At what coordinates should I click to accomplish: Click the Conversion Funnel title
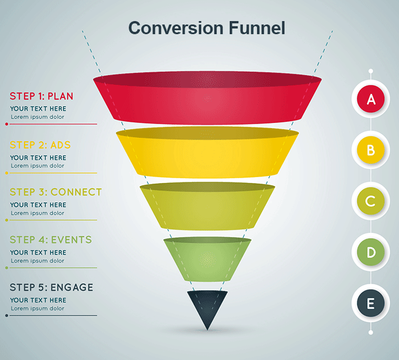coord(206,27)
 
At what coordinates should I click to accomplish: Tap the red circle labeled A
coord(371,100)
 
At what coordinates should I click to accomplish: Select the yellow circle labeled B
coord(371,150)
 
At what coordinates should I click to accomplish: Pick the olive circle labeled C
coord(371,201)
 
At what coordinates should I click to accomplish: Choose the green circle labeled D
coord(371,252)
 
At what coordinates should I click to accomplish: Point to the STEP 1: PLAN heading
coord(42,96)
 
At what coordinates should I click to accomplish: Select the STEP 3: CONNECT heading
coord(55,192)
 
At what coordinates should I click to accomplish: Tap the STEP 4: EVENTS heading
coord(51,240)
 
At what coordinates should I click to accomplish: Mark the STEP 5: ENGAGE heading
coord(51,288)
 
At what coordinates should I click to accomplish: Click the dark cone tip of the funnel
coord(207,308)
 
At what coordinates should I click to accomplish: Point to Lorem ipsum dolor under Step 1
coord(37,117)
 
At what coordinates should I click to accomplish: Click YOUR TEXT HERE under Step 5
coord(38,300)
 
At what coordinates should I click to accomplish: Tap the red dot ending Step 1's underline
coord(6,124)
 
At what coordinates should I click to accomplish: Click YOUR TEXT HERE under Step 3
coord(38,205)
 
